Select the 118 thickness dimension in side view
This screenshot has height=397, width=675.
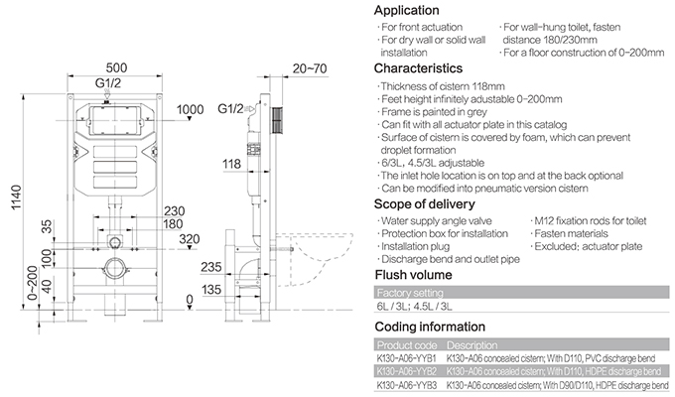[x=232, y=164]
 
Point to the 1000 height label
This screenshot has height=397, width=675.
[x=190, y=109]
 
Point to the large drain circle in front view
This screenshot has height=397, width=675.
[x=116, y=269]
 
